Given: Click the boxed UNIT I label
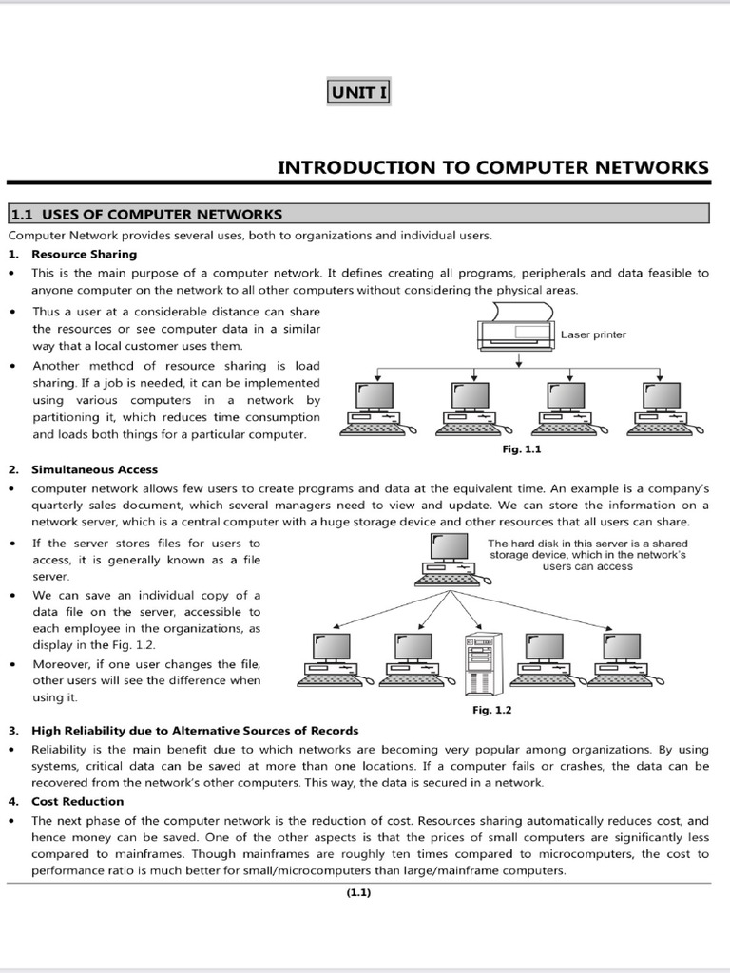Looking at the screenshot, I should tap(357, 92).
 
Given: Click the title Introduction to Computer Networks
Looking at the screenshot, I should tap(492, 167).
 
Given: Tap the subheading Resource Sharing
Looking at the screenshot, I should tap(84, 254).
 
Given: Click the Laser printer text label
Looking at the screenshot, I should tap(593, 334).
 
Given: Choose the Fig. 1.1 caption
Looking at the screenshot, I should tap(521, 448).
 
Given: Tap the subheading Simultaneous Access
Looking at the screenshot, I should tap(94, 469).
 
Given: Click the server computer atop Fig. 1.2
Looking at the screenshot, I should tap(446, 559).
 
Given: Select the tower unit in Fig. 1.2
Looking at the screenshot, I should tap(480, 664).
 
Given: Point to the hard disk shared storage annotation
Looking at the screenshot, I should tap(587, 554).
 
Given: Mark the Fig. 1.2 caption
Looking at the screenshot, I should tap(491, 710).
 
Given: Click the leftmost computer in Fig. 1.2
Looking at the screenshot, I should tap(329, 658).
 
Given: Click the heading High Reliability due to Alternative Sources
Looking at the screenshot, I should tap(195, 731).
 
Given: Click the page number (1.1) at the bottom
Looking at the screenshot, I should tap(358, 892).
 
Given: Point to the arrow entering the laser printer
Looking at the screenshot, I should tap(519, 360).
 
